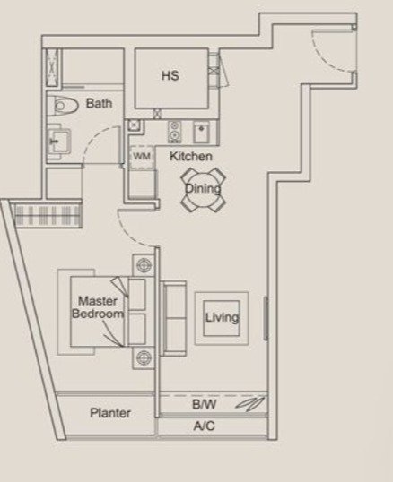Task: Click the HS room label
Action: pos(170,75)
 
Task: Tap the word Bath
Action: pos(99,103)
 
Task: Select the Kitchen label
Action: pos(191,156)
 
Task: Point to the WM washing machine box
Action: pos(142,158)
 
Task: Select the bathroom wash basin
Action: pos(59,141)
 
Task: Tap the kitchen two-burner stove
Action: pos(174,132)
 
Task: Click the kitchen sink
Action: pos(202,132)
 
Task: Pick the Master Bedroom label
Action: pos(98,307)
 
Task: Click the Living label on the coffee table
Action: pos(222,317)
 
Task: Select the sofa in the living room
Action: pos(173,318)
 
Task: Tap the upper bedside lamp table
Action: pos(144,265)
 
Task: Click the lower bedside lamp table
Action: pos(144,357)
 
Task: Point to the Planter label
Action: pos(110,413)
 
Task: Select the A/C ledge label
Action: pos(204,426)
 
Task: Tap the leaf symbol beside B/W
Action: pos(250,403)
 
